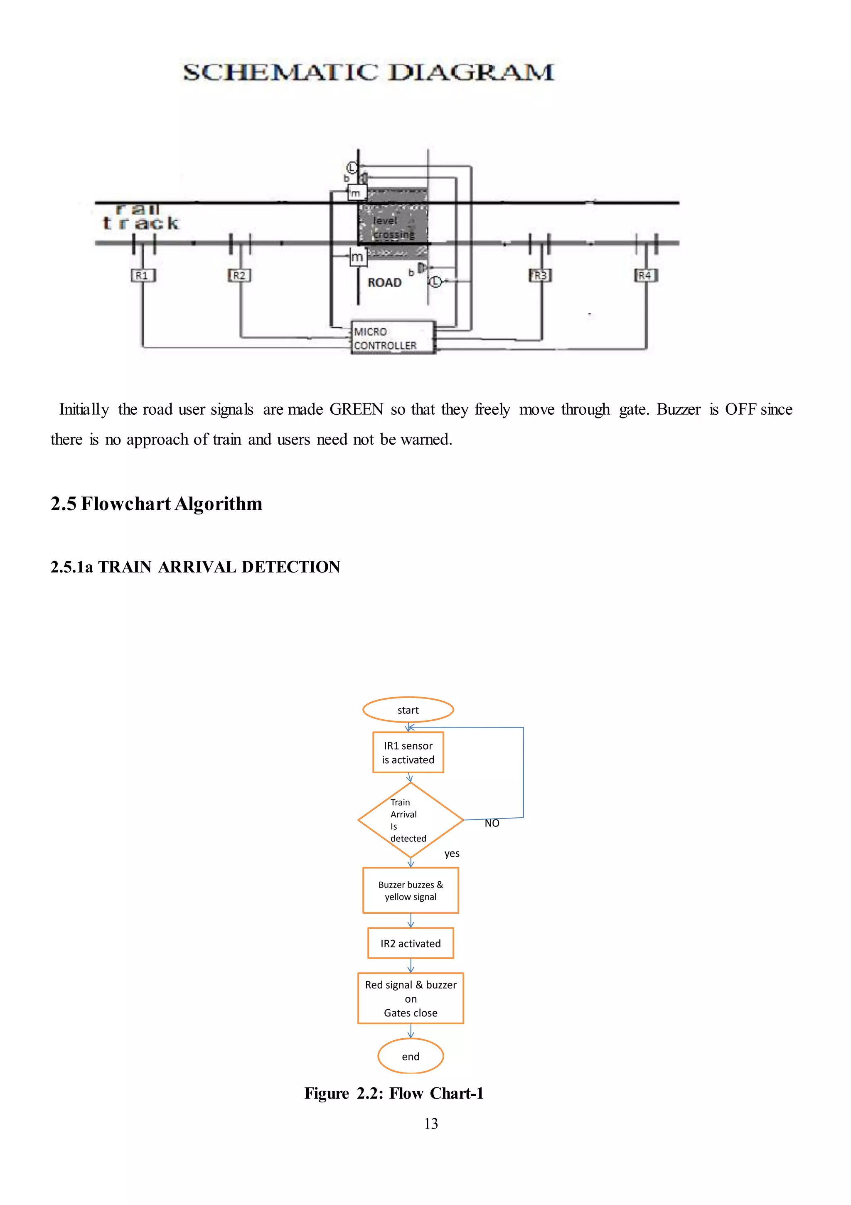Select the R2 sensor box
(239, 275)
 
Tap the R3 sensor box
(540, 275)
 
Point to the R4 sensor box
(645, 275)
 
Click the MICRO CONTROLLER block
(393, 338)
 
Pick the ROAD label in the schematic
(384, 283)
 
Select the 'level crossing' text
(393, 228)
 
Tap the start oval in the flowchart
(408, 710)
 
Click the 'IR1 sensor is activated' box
(408, 753)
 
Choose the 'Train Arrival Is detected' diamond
(410, 820)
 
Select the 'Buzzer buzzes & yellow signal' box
(411, 890)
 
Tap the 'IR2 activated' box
(411, 944)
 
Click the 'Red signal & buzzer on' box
(411, 998)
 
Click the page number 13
(430, 1124)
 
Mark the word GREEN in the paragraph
(356, 409)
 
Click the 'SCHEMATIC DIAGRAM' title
(369, 72)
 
